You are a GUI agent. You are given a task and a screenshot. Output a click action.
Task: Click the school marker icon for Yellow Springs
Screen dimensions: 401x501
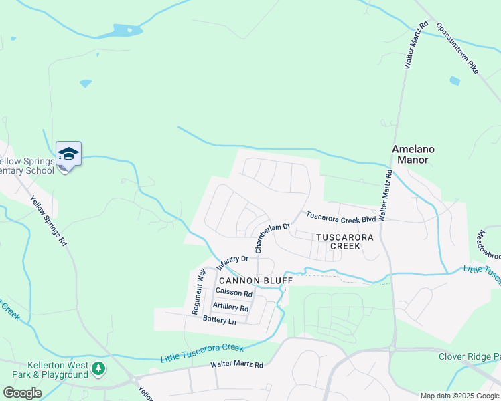pos(68,154)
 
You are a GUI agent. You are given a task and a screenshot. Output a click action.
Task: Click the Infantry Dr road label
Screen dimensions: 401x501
pos(232,263)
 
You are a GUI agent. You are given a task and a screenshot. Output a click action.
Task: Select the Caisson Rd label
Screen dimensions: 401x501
pos(234,293)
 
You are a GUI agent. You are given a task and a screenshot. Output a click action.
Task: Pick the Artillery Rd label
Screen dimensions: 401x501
pos(230,307)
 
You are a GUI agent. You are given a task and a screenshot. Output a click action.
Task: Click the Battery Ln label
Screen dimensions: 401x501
pos(220,321)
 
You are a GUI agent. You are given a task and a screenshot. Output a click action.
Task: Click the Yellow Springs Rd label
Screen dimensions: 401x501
pos(49,221)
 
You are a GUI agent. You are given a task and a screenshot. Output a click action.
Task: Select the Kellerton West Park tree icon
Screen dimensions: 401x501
pos(98,368)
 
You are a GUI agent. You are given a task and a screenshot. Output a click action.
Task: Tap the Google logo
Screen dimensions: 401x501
pos(22,393)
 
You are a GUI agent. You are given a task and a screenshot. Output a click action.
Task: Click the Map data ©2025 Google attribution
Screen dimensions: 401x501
pos(459,396)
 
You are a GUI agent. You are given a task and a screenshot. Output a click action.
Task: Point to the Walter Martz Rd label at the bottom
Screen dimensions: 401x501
pos(237,365)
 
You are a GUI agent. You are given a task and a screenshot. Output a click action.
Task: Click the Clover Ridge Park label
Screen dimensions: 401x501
pos(469,356)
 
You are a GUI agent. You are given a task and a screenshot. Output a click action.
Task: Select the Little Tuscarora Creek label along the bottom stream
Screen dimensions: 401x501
pos(202,353)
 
